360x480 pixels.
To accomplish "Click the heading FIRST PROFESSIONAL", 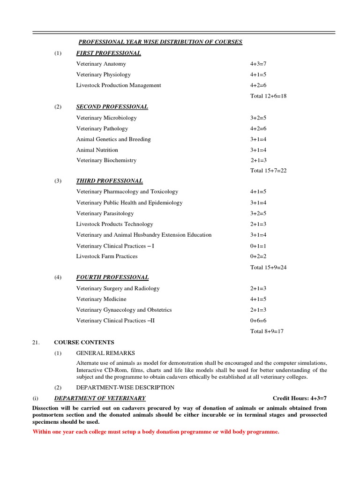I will point(108,53).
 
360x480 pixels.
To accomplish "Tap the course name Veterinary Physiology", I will point(104,75).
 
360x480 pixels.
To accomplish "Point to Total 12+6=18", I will point(268,96).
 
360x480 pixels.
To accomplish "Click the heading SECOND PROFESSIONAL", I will point(112,107).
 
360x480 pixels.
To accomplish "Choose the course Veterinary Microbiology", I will point(106,118).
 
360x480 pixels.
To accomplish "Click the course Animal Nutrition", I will point(97,150).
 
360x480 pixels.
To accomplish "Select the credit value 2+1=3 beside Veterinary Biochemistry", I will point(258,160).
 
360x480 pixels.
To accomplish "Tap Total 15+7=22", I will point(268,171).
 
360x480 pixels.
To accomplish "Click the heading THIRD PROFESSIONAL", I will point(109,181).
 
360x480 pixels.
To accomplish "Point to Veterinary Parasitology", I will point(105,213).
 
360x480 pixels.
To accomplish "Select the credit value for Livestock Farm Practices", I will point(258,256).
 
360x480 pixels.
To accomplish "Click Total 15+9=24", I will point(268,267).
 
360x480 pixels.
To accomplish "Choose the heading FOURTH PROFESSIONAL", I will point(112,277).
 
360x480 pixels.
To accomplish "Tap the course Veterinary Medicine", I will point(101,299).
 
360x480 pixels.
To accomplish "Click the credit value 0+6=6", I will point(258,321).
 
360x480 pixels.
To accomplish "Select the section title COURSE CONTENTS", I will point(84,342).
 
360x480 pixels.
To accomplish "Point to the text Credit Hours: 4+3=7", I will point(300,398).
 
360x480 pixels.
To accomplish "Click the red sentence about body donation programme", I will point(156,432).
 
